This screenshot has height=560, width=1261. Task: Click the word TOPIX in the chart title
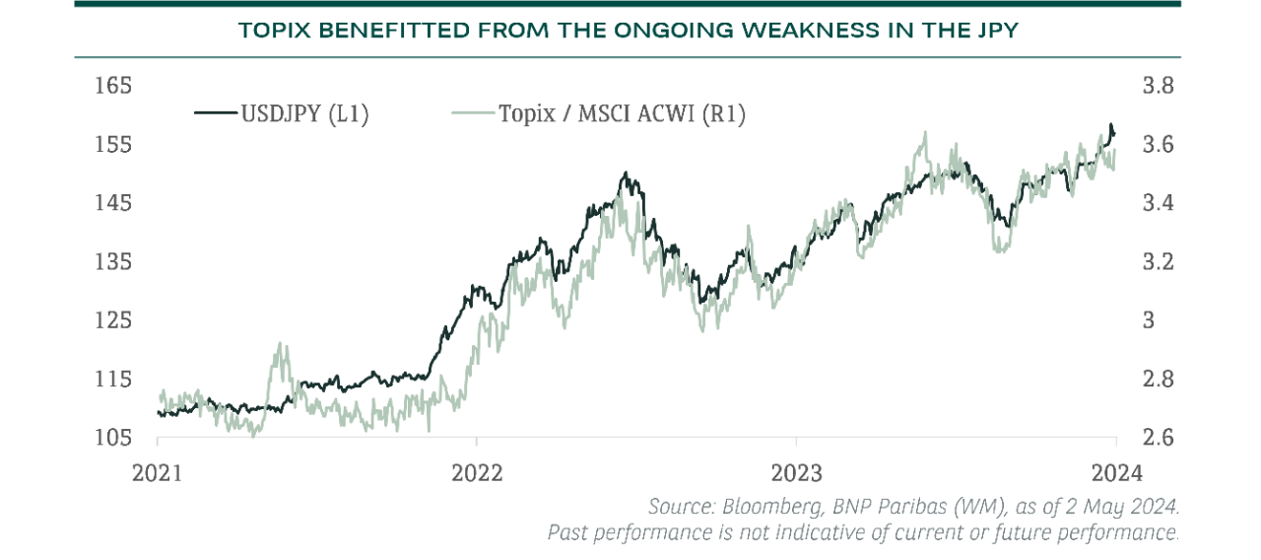(x=272, y=31)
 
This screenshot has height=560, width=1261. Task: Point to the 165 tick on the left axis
(x=113, y=86)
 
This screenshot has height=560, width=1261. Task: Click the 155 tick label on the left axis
(x=113, y=145)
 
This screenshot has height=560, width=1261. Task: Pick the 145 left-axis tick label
(x=113, y=203)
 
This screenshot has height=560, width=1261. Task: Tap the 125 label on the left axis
(x=113, y=320)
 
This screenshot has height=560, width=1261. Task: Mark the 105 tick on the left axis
(x=113, y=438)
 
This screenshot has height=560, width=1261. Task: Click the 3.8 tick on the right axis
(x=1158, y=86)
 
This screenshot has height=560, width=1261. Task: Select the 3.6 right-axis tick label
(x=1158, y=145)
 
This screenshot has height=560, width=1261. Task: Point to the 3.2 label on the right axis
(x=1158, y=262)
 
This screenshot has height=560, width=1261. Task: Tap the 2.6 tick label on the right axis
(x=1158, y=438)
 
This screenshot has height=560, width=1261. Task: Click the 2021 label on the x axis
(x=158, y=472)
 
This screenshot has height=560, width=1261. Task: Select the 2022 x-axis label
(x=477, y=472)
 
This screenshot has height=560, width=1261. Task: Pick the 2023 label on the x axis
(x=796, y=472)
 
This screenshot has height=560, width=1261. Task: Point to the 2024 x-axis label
(x=1115, y=472)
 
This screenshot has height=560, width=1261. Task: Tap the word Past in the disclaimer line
(x=567, y=532)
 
